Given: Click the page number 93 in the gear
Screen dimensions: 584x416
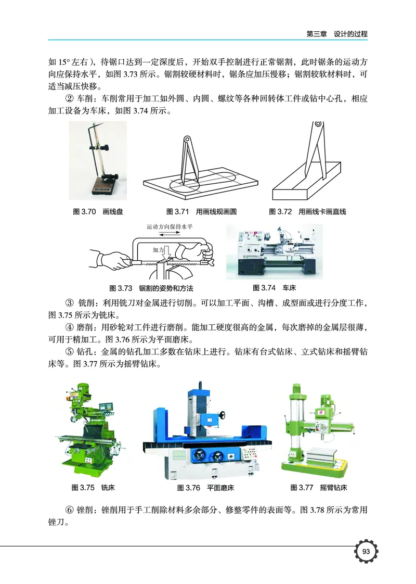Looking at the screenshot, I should pyautogui.click(x=366, y=552).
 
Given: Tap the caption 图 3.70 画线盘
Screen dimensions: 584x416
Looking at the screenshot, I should pyautogui.click(x=98, y=212).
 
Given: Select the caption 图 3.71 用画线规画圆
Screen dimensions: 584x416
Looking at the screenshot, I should pyautogui.click(x=202, y=212).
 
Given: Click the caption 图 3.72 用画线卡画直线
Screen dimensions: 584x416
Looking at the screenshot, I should pyautogui.click(x=307, y=212).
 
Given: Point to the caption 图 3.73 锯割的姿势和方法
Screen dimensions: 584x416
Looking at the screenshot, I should pyautogui.click(x=155, y=288).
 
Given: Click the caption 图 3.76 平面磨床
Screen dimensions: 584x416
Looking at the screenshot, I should pyautogui.click(x=206, y=488).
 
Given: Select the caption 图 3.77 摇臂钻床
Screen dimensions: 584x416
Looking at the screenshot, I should pyautogui.click(x=319, y=488).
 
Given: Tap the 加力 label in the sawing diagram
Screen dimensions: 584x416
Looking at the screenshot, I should pyautogui.click(x=158, y=250).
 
